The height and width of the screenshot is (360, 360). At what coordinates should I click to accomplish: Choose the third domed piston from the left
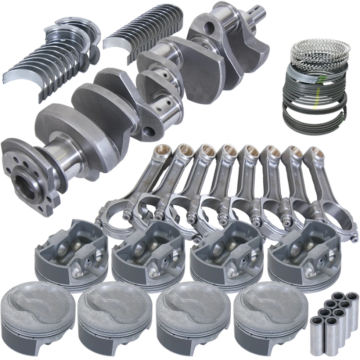click(x=189, y=313)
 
